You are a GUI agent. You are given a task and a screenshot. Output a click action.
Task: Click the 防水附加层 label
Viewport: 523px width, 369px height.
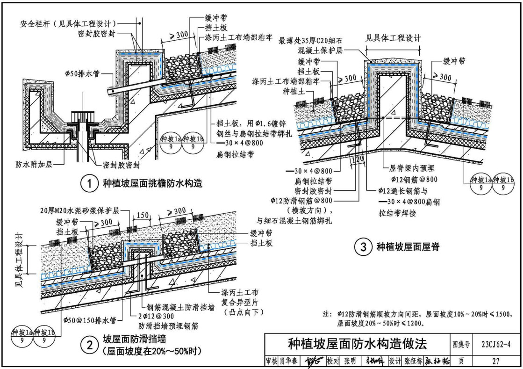[x=30, y=165]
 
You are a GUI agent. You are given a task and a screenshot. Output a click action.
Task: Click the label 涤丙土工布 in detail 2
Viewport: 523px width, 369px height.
[x=243, y=292]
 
